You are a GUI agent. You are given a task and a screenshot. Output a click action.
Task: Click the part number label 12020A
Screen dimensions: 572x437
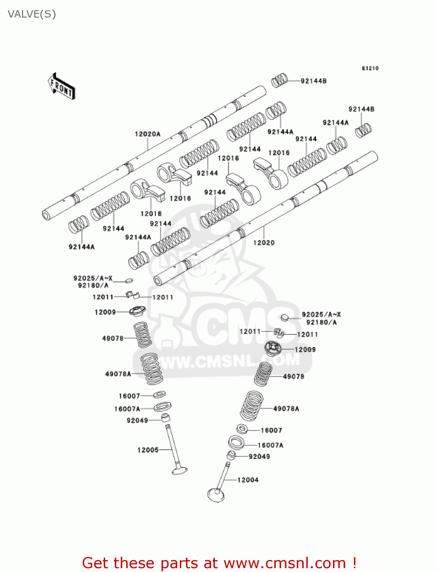(x=147, y=134)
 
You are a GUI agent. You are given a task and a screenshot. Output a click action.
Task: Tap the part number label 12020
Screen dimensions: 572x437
(x=264, y=243)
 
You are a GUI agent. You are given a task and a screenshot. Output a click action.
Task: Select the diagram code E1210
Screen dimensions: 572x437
(x=370, y=68)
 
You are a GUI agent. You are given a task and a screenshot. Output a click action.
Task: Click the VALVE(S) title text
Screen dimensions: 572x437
(x=32, y=14)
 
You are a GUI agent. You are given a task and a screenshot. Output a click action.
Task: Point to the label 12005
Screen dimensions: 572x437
(x=148, y=450)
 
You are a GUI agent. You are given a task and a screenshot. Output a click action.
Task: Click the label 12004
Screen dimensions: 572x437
(x=248, y=480)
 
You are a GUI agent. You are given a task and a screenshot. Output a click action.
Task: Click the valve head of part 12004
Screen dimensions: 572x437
(x=216, y=495)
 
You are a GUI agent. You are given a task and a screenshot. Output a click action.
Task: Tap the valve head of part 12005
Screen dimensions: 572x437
(x=179, y=471)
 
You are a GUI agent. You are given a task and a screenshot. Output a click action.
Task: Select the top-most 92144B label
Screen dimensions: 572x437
(x=314, y=81)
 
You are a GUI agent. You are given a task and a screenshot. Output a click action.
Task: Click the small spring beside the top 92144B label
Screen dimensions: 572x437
(x=279, y=80)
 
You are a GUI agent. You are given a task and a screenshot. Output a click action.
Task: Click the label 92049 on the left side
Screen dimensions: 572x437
(x=137, y=420)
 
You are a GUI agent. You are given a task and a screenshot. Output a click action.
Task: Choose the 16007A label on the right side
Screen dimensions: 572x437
(x=271, y=445)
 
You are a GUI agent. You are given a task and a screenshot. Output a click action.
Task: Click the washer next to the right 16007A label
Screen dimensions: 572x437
(x=236, y=442)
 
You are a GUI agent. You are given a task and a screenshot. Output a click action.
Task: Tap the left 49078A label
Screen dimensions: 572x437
(x=118, y=374)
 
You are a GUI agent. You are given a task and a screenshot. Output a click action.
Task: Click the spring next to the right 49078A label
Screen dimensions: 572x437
(x=252, y=406)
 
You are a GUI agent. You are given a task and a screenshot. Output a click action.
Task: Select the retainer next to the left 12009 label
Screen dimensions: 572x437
(x=137, y=311)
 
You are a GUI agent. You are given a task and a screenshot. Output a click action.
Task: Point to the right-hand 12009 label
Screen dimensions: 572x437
(x=305, y=349)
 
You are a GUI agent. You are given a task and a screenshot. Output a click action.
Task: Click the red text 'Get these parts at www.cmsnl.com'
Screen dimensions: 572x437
(x=219, y=563)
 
